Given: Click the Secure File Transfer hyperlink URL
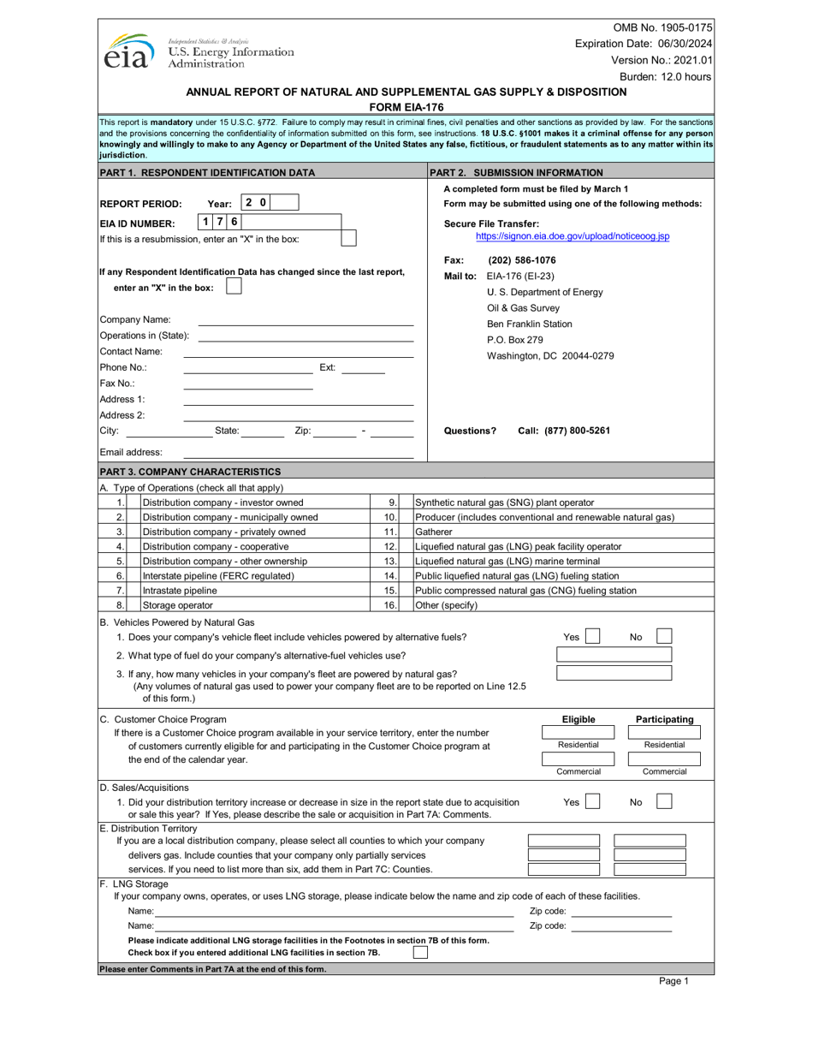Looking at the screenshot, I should [x=573, y=235].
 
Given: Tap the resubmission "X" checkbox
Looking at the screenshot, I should [x=348, y=239].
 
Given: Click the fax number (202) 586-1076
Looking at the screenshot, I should [x=521, y=260].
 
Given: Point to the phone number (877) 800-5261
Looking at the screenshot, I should [x=565, y=431].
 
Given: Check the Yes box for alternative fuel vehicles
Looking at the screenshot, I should [x=592, y=637].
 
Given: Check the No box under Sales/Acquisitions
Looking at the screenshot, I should [x=664, y=802].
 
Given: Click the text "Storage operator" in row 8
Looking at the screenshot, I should [x=176, y=605].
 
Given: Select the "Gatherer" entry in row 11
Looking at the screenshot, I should [x=432, y=532].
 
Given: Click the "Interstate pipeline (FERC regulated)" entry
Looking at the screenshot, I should [x=218, y=575].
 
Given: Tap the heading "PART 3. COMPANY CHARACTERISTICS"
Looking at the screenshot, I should [x=190, y=472].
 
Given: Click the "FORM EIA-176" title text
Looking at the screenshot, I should [x=406, y=107].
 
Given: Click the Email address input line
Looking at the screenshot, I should [x=299, y=452].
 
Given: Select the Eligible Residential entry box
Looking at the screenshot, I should [x=578, y=732].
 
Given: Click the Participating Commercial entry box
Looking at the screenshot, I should [x=664, y=759].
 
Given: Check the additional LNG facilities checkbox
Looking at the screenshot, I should [x=420, y=952].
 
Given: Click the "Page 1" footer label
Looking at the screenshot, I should [x=674, y=982].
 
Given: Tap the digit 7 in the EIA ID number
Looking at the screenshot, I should [x=220, y=221].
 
